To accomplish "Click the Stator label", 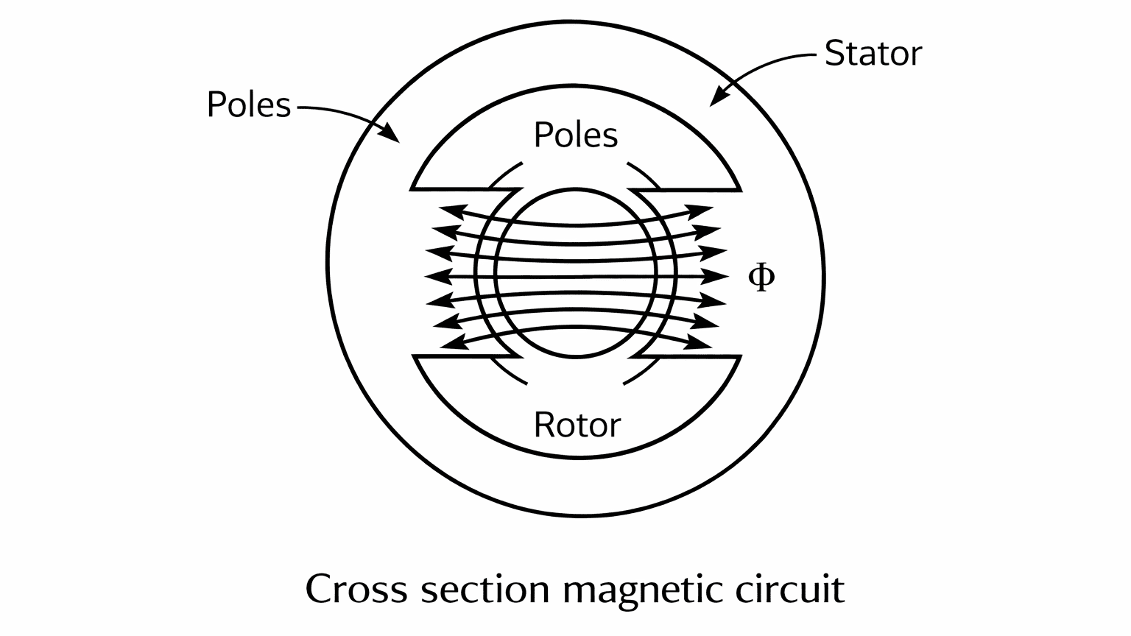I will coord(873,54).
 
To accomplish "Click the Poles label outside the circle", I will coord(249,105).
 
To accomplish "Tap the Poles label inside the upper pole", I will coord(575,135).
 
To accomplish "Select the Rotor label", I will coord(577,425).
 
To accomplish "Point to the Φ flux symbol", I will coord(761,277).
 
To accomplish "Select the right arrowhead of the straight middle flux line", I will coord(718,277).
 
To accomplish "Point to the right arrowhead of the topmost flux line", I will coord(703,210).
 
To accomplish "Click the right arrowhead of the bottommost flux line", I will coord(703,343).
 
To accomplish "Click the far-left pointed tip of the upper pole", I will coord(411,189).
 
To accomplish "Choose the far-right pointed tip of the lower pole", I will coord(740,357).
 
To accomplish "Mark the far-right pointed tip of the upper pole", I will coord(740,189).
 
